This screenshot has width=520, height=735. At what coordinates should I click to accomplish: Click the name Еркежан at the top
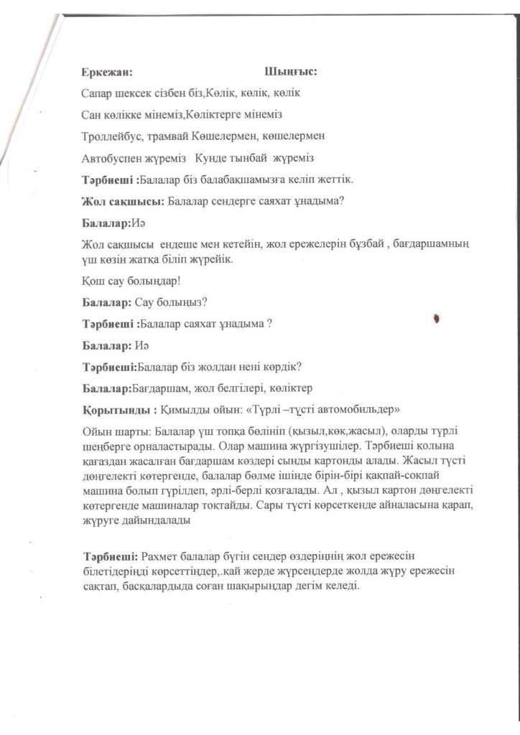[x=106, y=72]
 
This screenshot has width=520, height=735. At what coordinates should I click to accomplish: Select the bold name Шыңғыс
[x=290, y=72]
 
